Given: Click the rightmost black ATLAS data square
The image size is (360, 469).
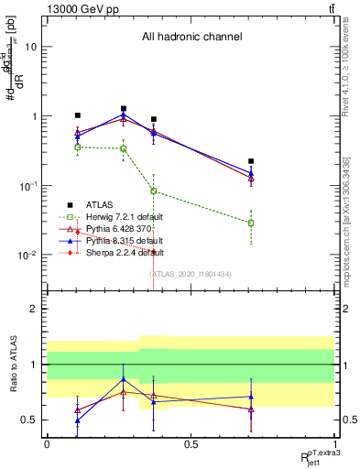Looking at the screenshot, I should pyautogui.click(x=251, y=161).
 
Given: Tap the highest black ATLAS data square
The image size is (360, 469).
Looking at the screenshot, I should pyautogui.click(x=123, y=109).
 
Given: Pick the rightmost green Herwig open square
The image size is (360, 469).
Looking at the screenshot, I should pyautogui.click(x=251, y=223).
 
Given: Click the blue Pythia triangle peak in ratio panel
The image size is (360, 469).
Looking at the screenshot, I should pyautogui.click(x=123, y=379).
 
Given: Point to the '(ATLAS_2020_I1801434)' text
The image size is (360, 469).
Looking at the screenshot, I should pyautogui.click(x=191, y=274).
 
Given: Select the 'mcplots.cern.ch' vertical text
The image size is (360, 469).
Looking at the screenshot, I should pyautogui.click(x=352, y=220).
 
